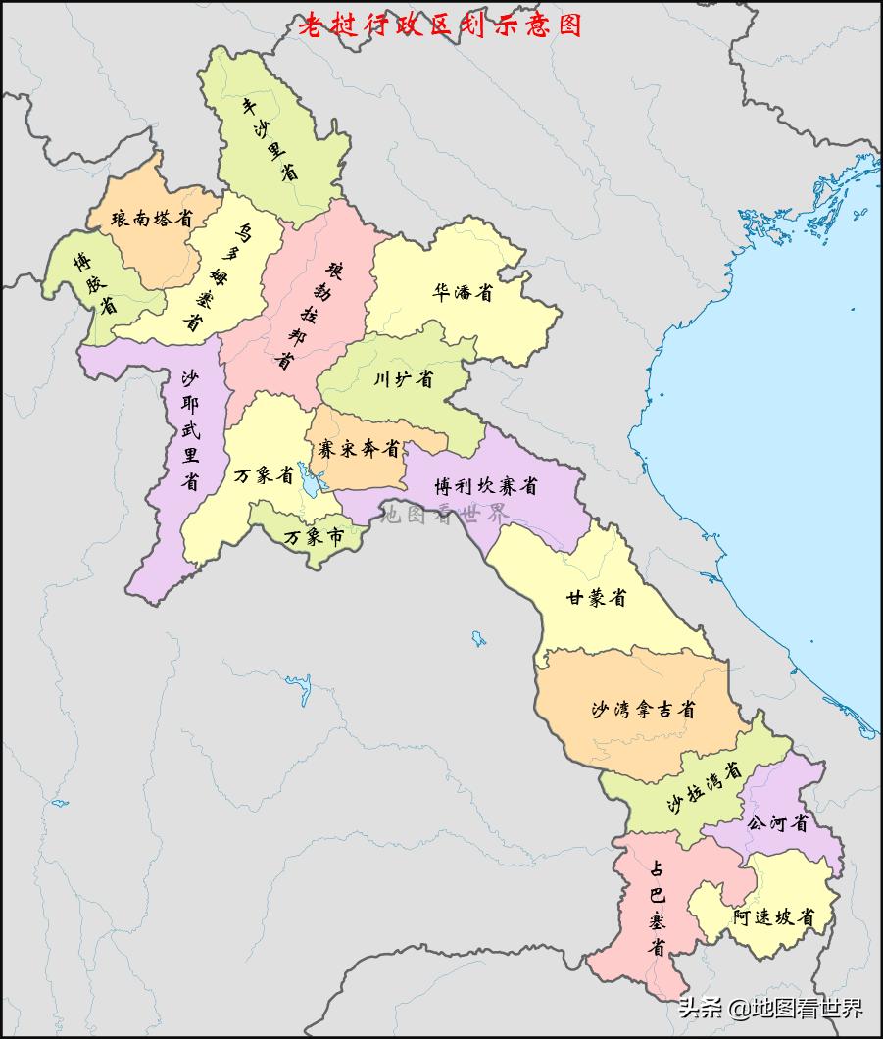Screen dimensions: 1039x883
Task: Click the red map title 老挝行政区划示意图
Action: [440, 25]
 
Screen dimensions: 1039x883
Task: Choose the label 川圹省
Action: [403, 378]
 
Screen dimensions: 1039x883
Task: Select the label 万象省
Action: [264, 476]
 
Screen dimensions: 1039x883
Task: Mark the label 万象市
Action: [313, 537]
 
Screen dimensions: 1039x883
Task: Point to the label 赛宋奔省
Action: [359, 449]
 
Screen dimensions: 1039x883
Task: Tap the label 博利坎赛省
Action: [486, 484]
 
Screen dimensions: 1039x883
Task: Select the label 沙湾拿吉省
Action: [644, 709]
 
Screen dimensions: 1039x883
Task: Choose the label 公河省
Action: [778, 823]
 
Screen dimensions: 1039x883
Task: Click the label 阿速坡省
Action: [773, 917]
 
